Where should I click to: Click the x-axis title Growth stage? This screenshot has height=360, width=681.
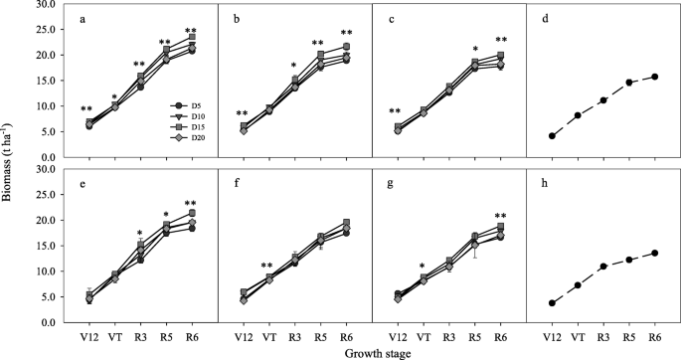point(368,352)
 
